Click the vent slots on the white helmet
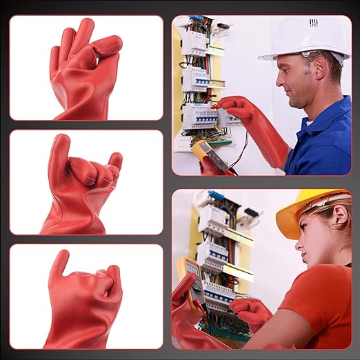[314, 23]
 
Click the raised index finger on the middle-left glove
[59, 148]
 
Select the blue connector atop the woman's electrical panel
[216, 196]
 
